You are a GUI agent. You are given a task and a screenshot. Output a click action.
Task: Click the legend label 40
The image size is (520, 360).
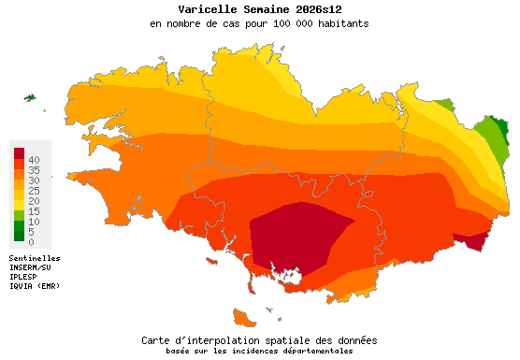[33, 161]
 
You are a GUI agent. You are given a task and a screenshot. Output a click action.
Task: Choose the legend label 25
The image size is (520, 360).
[33, 191]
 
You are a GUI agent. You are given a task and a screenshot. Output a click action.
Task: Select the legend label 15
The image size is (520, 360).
[33, 211]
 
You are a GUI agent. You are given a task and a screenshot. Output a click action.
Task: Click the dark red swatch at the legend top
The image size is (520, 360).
[19, 152]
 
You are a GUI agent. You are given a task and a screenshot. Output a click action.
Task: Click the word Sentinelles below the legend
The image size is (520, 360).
[35, 258]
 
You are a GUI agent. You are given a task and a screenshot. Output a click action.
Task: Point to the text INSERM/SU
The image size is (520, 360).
[33, 267]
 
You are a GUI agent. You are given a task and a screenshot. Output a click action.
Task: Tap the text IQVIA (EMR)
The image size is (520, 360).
[35, 286]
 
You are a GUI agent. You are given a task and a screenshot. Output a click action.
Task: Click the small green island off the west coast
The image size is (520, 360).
[29, 97]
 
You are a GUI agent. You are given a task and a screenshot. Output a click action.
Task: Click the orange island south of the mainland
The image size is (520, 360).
[246, 318]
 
